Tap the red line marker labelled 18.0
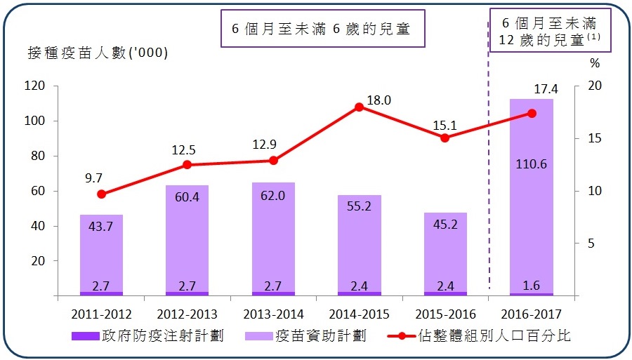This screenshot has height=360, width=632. click(359, 107)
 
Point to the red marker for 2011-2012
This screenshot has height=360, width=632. click(101, 194)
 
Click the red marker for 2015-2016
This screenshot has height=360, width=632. click(445, 138)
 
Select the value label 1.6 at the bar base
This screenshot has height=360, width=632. click(531, 286)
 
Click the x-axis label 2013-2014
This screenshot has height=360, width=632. click(273, 313)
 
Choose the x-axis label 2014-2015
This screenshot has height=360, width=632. click(359, 313)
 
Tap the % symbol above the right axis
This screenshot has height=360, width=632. click(595, 64)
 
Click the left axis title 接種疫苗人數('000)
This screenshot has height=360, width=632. click(98, 53)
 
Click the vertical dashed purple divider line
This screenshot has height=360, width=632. click(489, 175)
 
